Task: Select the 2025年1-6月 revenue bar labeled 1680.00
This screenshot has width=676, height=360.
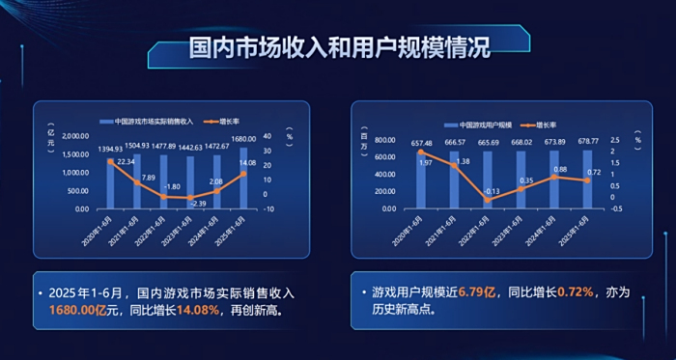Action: tap(242, 179)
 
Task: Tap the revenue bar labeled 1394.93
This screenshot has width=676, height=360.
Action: tap(111, 183)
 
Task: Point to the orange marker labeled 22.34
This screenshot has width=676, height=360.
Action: tap(111, 161)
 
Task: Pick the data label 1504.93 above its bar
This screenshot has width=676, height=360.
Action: tap(137, 146)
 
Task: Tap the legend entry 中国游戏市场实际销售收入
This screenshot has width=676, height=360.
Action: tap(154, 122)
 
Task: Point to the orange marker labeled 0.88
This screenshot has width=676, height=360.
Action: tap(554, 177)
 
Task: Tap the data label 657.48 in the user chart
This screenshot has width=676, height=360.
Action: tap(421, 144)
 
